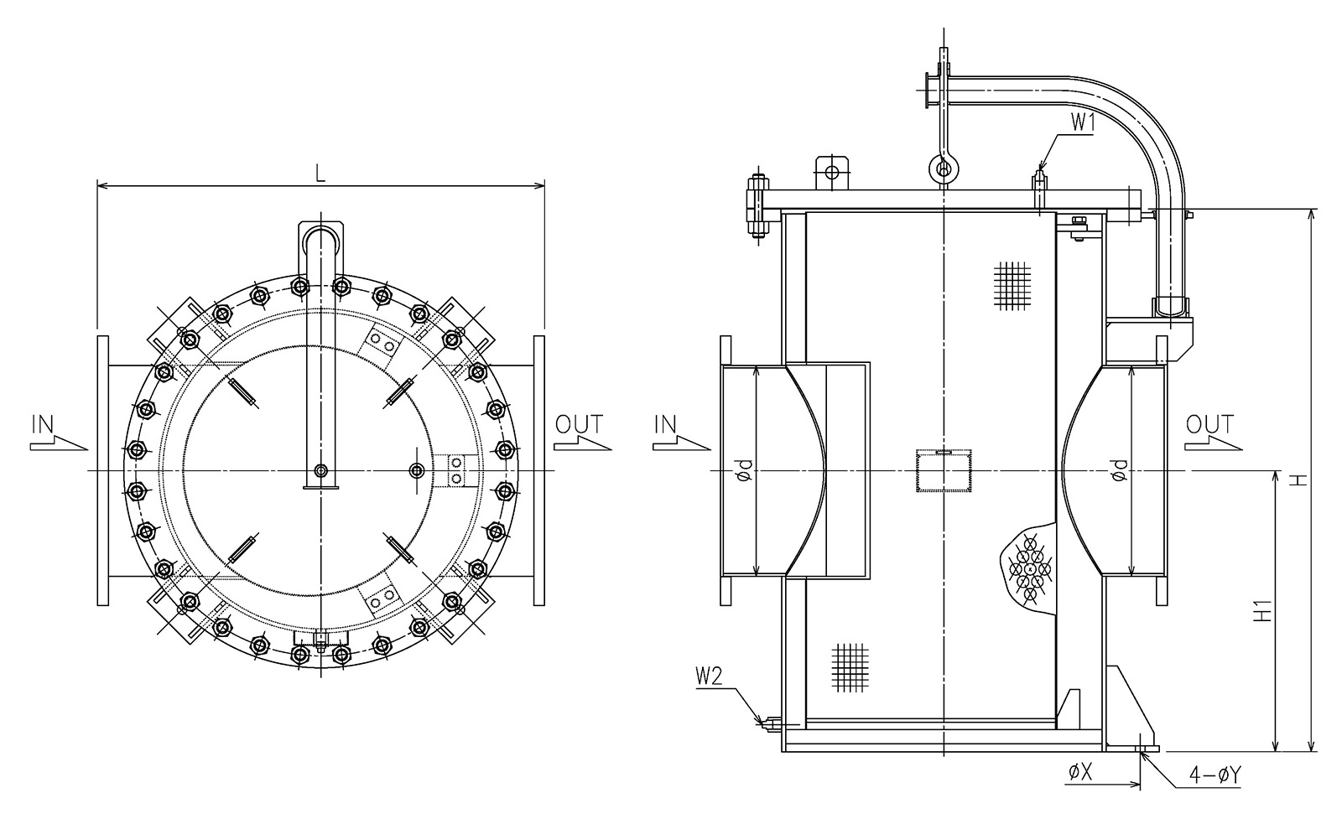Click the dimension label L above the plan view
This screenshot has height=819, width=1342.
coord(320,173)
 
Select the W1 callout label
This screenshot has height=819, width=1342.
coord(1083,123)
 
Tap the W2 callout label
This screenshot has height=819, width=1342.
coord(710,676)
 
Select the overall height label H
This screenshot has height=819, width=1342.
coord(1298,479)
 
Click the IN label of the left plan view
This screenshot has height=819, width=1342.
coord(43,424)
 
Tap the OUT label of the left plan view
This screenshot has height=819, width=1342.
coord(578,424)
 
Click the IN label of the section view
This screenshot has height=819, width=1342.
coord(665,424)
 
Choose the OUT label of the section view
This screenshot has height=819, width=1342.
coord(1209,424)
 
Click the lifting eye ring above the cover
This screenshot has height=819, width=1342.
coord(944,168)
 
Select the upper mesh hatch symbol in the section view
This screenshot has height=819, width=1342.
coord(1012,286)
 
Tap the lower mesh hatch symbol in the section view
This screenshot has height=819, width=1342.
coord(850,667)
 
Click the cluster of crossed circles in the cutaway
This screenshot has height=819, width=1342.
coord(1030,568)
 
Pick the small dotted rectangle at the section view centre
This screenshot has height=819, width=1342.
coord(944,470)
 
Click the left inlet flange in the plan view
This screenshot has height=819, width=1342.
coord(103,470)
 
